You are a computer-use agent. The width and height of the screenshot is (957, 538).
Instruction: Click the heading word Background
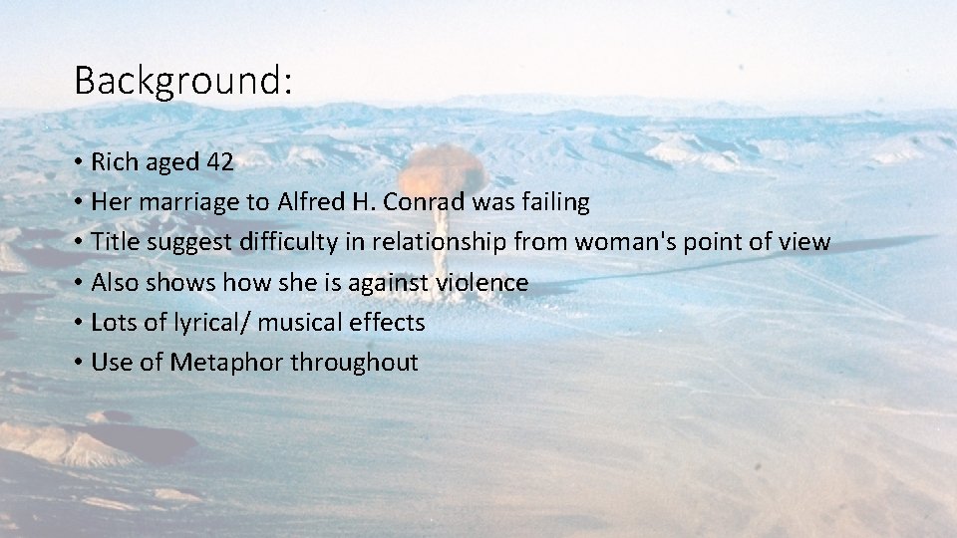pyautogui.click(x=182, y=81)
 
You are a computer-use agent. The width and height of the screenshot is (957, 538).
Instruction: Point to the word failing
pyautogui.click(x=553, y=202)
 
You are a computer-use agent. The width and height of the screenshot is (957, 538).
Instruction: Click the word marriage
pyautogui.click(x=188, y=202)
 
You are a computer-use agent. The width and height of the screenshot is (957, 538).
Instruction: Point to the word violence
pyautogui.click(x=482, y=282)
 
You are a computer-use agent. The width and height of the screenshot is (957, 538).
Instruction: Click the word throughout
pyautogui.click(x=354, y=362)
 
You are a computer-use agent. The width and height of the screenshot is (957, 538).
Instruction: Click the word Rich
pyautogui.click(x=113, y=162)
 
